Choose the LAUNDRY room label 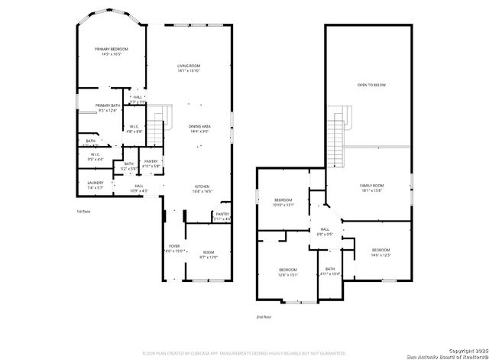pos(96,184)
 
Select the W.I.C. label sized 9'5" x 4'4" pos(96,157)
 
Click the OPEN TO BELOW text pos(371,85)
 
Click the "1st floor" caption pos(83,211)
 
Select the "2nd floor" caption pos(264,316)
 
